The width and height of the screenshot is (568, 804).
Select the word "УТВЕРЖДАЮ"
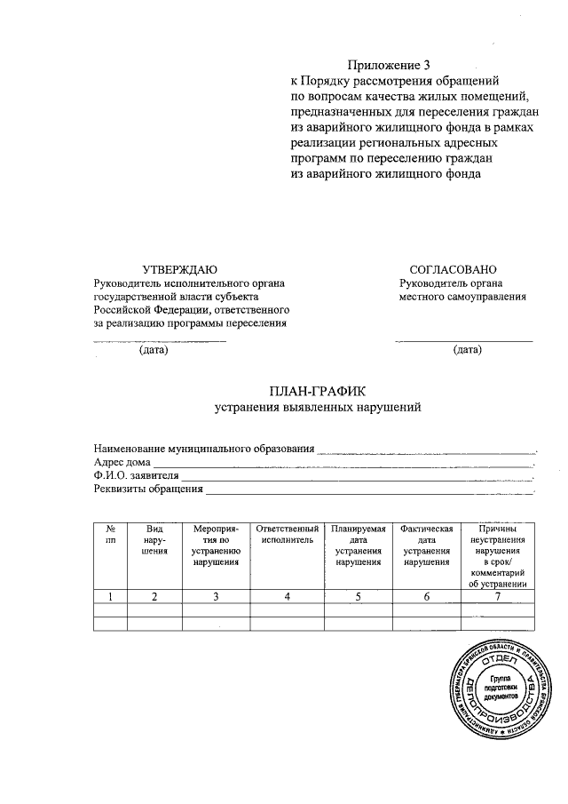pyautogui.click(x=179, y=269)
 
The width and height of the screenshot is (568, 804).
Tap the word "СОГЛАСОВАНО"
pyautogui.click(x=453, y=269)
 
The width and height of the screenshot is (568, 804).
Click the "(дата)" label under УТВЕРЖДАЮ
pyautogui.click(x=154, y=350)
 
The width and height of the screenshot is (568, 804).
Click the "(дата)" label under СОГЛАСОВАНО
pyautogui.click(x=467, y=350)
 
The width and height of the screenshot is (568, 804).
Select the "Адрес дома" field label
pyautogui.click(x=122, y=462)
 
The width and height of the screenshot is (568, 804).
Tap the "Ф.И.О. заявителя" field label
pyautogui.click(x=137, y=475)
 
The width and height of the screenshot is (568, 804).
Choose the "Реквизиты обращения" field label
pyautogui.click(x=148, y=489)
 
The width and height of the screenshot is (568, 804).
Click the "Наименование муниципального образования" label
pyautogui.click(x=204, y=448)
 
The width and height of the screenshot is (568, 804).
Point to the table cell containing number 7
pyautogui.click(x=498, y=597)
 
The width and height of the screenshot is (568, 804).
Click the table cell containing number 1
pyautogui.click(x=110, y=597)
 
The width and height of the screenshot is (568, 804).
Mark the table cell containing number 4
pyautogui.click(x=287, y=597)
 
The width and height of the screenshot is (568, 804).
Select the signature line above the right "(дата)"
pyautogui.click(x=464, y=341)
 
